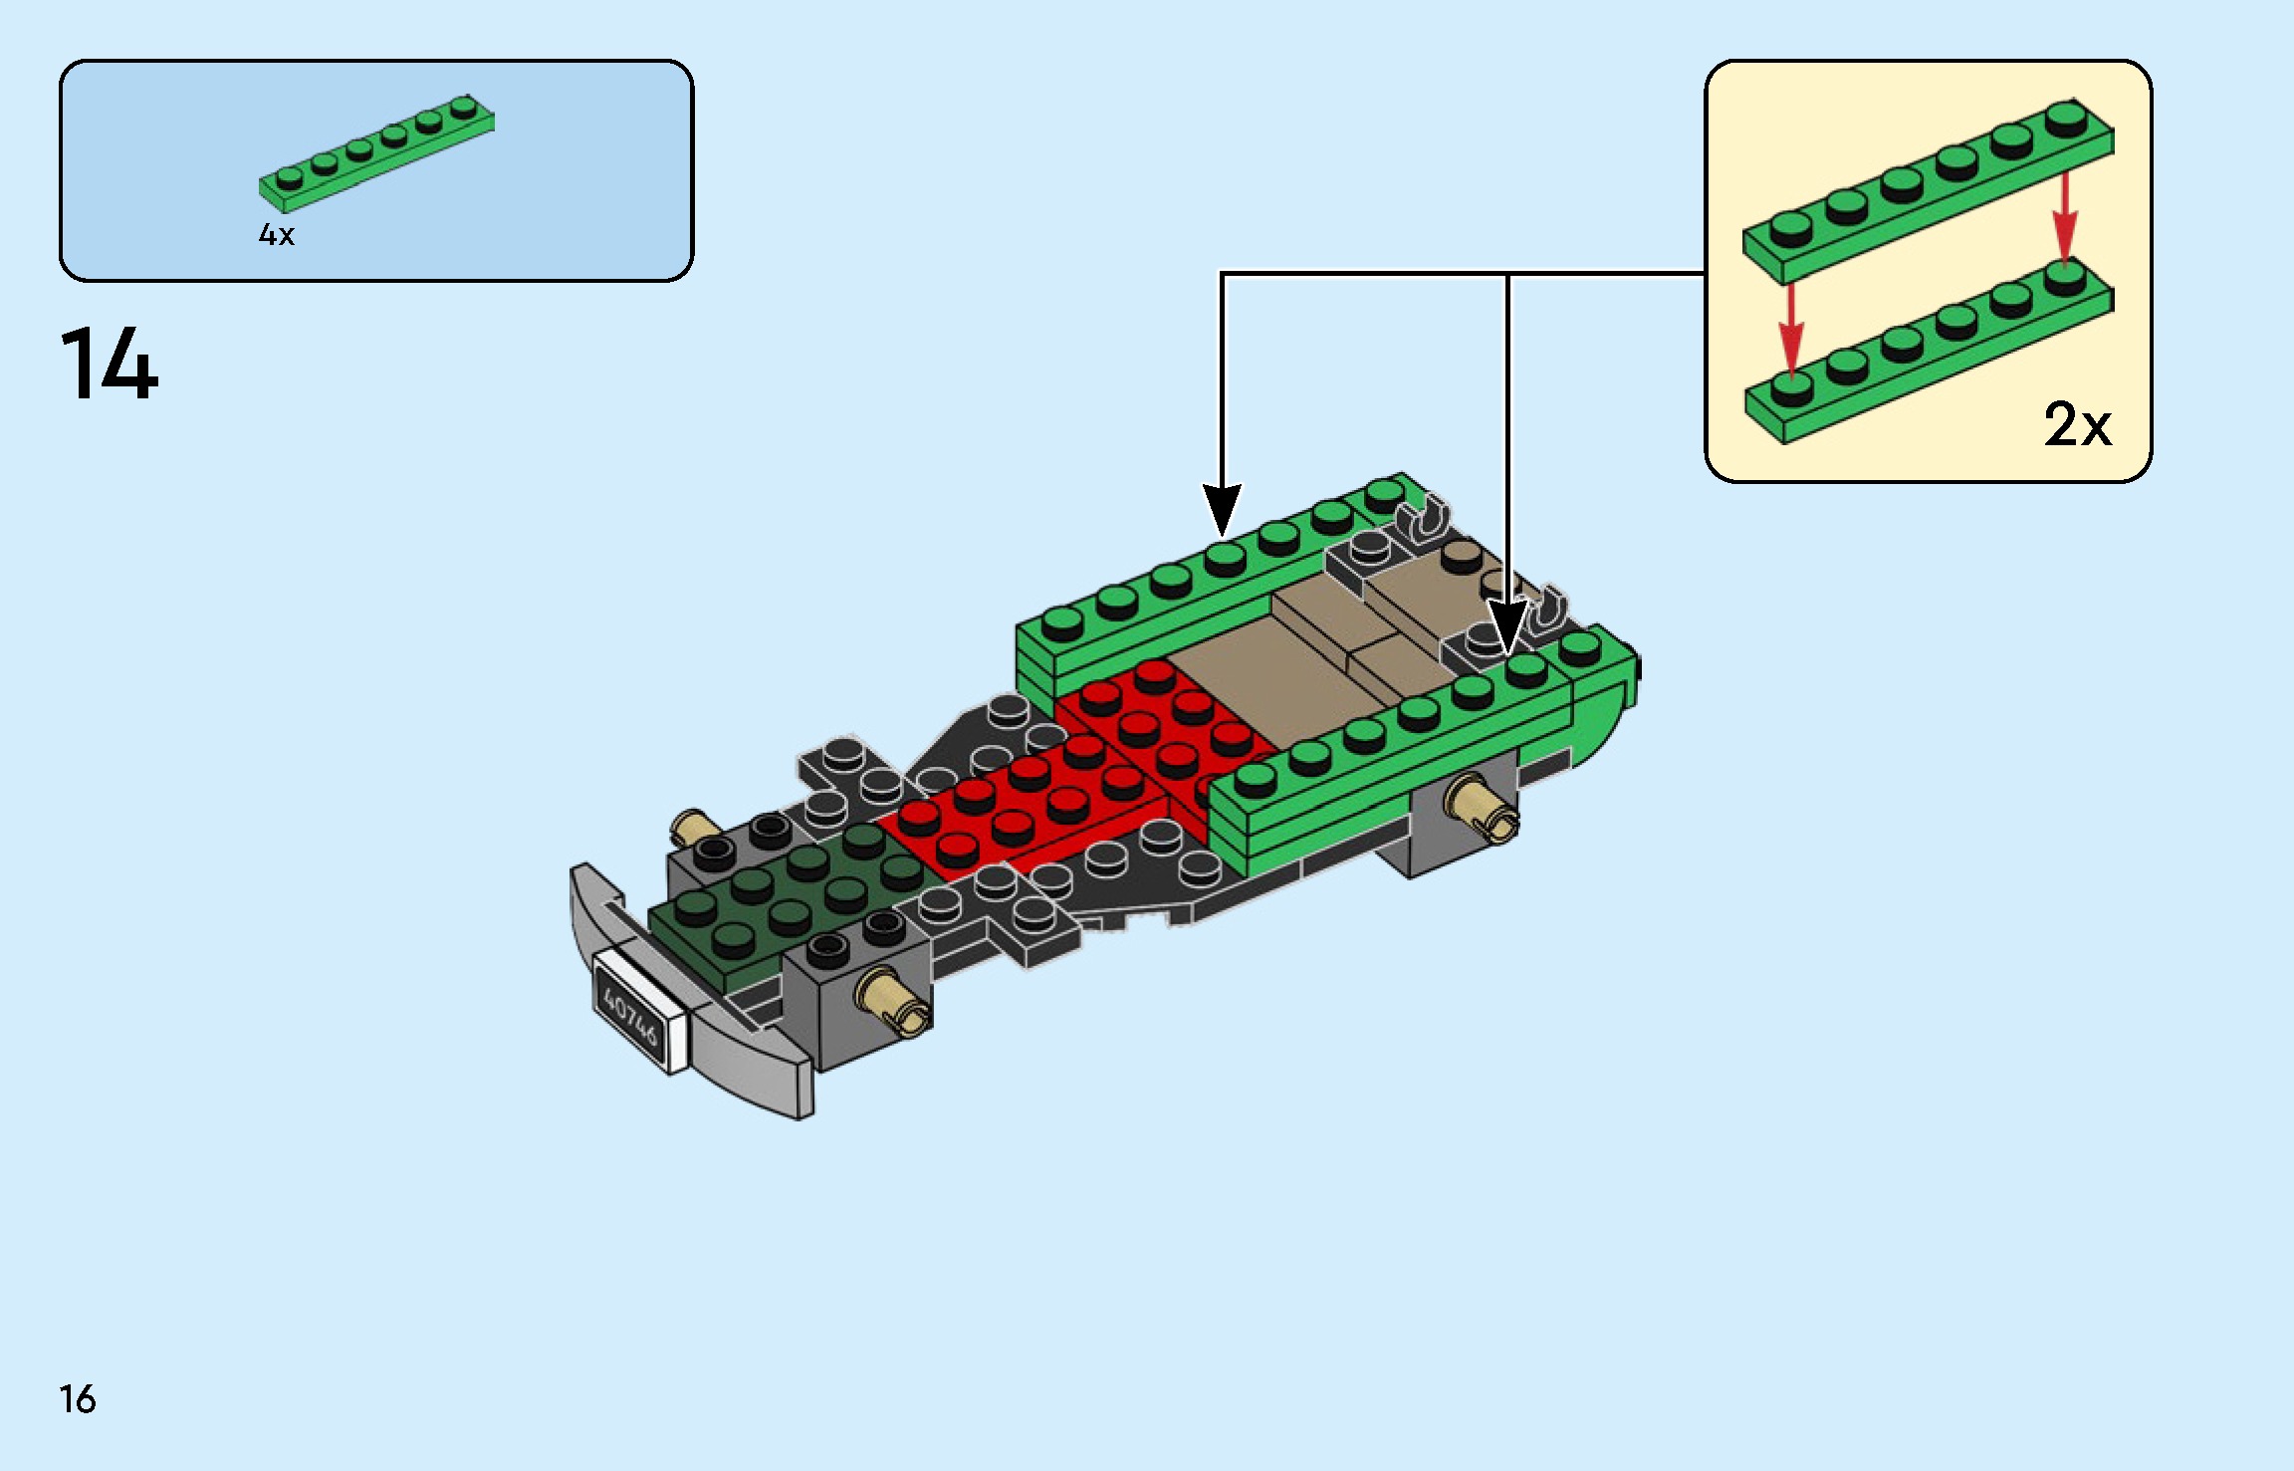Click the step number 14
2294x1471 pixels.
[110, 365]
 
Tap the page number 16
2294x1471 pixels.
[78, 1399]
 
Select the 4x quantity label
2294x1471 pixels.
[277, 235]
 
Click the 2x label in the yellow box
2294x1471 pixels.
[2077, 425]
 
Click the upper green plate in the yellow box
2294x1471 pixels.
[1927, 191]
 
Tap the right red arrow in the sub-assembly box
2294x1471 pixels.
[2065, 216]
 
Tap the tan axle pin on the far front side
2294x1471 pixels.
[694, 827]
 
